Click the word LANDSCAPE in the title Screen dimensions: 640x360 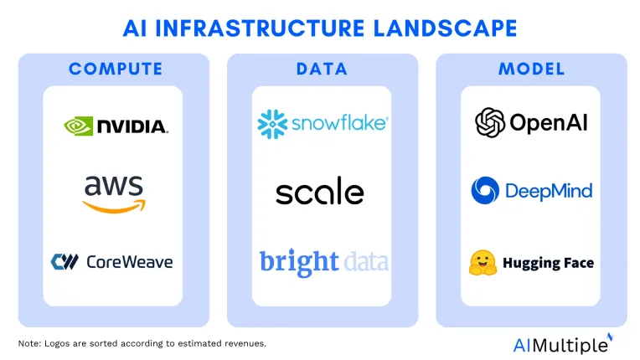click(445, 28)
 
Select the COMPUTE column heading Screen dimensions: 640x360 click(116, 69)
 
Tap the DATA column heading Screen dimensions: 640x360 click(322, 69)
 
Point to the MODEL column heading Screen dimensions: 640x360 click(531, 69)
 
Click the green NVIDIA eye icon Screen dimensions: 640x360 click(79, 126)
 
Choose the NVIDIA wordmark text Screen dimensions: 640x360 click(132, 126)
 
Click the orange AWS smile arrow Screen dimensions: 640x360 click(114, 206)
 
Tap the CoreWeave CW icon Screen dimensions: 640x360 click(65, 262)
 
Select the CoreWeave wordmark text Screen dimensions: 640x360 click(129, 262)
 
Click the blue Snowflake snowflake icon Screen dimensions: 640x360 click(272, 124)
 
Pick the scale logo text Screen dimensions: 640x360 click(320, 191)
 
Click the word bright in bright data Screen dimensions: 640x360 click(299, 262)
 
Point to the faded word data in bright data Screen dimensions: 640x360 click(366, 262)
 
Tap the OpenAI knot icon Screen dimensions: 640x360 click(490, 122)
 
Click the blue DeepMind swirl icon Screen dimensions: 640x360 click(485, 190)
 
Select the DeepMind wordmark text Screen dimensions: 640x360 click(549, 191)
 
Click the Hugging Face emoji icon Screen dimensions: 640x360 click(483, 263)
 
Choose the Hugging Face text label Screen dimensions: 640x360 click(548, 264)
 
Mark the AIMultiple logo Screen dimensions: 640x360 click(563, 344)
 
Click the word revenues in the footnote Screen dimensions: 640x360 click(246, 344)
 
